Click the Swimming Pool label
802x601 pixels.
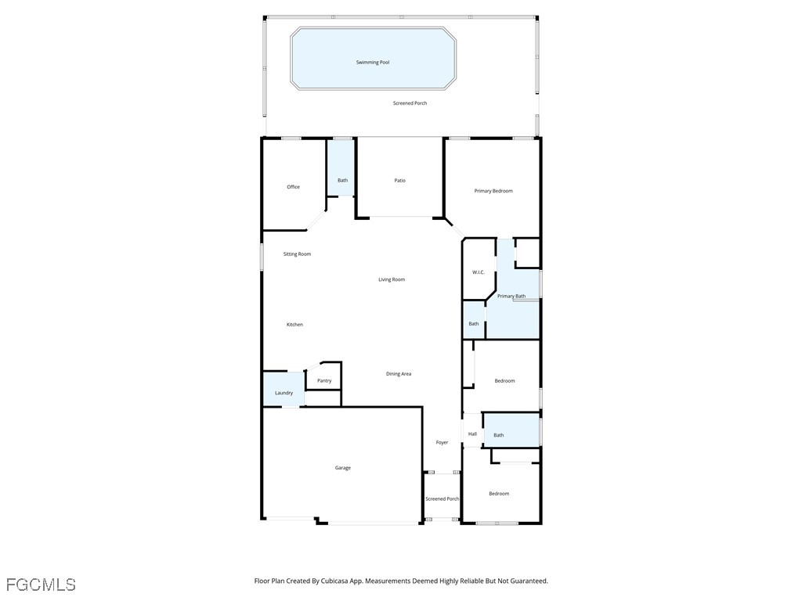(373, 62)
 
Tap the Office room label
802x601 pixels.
(293, 187)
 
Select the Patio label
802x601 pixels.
(399, 181)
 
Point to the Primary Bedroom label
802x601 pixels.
(493, 191)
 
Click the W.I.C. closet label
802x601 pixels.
(478, 272)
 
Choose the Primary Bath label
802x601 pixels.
(511, 296)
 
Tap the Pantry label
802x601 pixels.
(324, 381)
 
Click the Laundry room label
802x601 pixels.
(284, 393)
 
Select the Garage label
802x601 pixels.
(343, 468)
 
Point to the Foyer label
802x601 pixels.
(442, 443)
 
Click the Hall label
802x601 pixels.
(472, 434)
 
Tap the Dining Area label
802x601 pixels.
(399, 374)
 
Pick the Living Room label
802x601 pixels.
(392, 279)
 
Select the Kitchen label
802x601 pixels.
(294, 325)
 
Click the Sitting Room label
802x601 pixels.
(297, 254)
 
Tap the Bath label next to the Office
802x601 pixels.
(342, 181)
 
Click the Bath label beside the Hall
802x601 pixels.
(498, 435)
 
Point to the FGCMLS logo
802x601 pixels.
(41, 585)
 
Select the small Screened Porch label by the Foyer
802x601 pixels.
(442, 499)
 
